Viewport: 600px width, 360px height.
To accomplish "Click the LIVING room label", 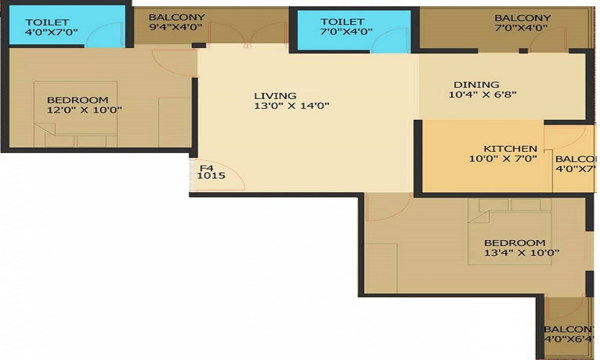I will coord(275,95).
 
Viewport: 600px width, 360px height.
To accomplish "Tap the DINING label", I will coord(476,85).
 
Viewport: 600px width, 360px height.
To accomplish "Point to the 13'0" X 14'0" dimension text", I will coord(292,106).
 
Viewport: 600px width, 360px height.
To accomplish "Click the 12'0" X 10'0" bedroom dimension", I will coord(85,110).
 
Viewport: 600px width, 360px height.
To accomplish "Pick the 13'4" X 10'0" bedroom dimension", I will coord(522,253).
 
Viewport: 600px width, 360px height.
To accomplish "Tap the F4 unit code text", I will coord(206,168).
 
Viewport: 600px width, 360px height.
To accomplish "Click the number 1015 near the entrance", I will coord(211,177).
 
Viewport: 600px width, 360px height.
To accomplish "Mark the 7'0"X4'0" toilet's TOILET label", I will coord(343,22).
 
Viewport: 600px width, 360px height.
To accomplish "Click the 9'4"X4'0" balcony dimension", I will coord(176,28).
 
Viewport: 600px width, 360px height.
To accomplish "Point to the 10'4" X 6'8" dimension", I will coord(482,94).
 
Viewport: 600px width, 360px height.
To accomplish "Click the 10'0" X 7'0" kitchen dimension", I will coord(503,159).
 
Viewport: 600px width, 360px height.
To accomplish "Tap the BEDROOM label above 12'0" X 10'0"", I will coord(77,100).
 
